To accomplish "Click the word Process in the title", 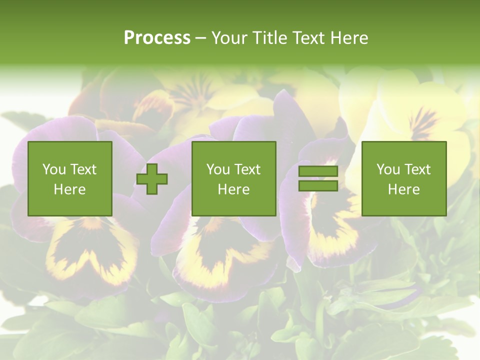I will (x=157, y=38).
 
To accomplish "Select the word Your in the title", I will (x=228, y=38).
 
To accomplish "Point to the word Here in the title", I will (x=349, y=38).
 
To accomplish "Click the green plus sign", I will (x=152, y=178).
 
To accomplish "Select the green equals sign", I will (x=318, y=178).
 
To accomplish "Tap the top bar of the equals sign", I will (x=318, y=171).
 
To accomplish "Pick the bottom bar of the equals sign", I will (x=318, y=185).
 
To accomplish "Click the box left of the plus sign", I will (x=70, y=178).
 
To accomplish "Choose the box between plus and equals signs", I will (x=234, y=178).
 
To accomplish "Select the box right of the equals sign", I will (x=404, y=178).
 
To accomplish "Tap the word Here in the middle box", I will (x=234, y=189).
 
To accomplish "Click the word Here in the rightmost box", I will (x=404, y=189).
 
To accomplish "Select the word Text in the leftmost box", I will (x=83, y=169).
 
